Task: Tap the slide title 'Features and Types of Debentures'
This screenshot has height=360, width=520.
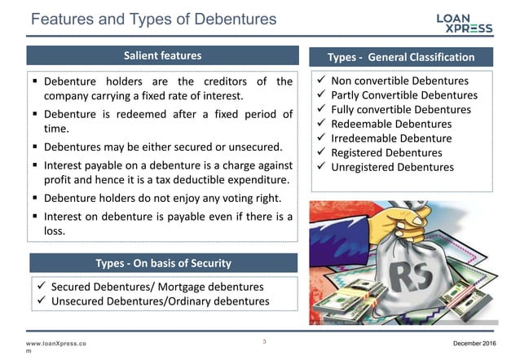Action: click(x=153, y=19)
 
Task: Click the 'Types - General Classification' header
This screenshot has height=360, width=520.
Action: click(x=400, y=57)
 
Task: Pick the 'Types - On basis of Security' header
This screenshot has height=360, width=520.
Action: click(x=162, y=262)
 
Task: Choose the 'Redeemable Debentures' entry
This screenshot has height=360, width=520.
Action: click(x=391, y=124)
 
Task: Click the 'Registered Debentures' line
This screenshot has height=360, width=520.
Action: click(x=387, y=152)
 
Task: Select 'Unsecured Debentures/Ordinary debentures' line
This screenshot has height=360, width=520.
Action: click(x=160, y=301)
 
